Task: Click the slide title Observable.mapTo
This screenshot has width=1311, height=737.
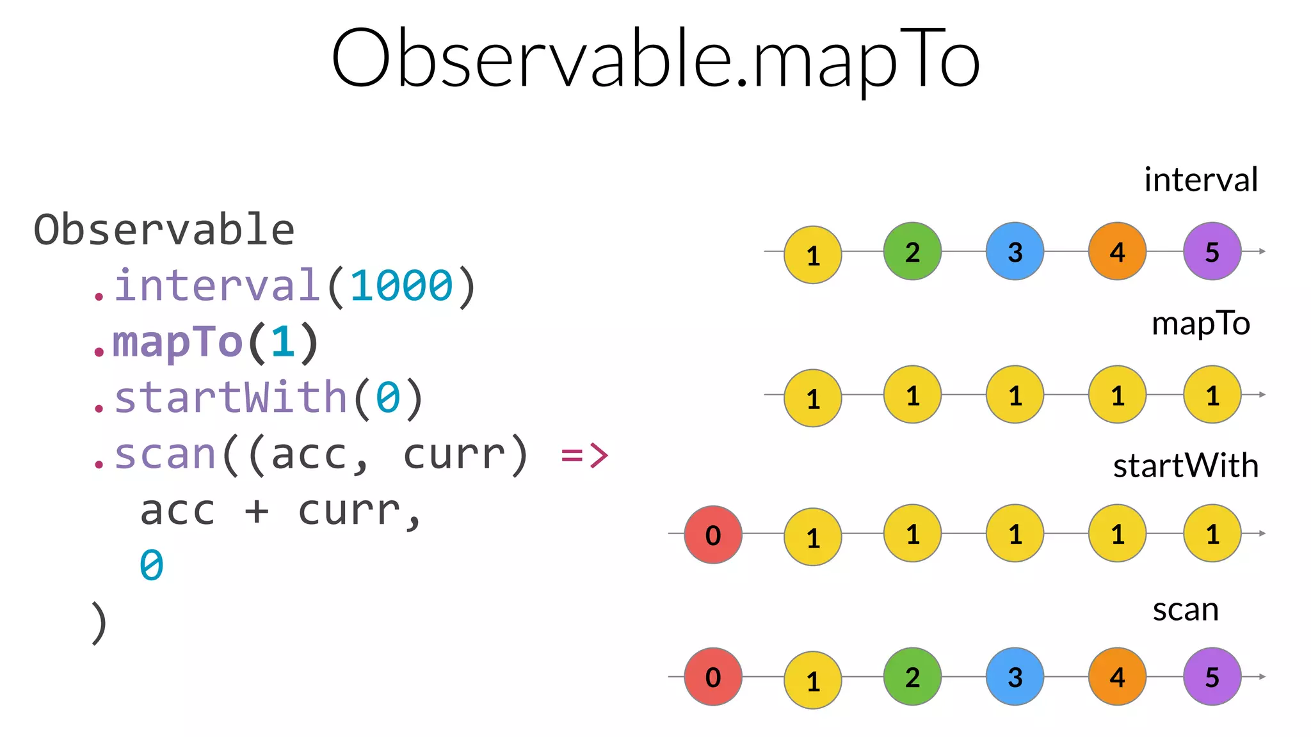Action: [x=655, y=59]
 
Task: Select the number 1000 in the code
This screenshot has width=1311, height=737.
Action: [x=401, y=285]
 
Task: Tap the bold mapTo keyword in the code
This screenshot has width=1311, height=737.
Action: [x=177, y=342]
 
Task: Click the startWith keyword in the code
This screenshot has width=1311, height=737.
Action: [x=230, y=397]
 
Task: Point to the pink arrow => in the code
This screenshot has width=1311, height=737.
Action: [x=584, y=455]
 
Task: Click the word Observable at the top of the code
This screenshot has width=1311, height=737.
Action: [x=164, y=230]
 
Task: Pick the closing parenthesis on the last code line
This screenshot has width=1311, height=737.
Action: [x=99, y=622]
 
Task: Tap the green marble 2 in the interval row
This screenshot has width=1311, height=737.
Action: [x=912, y=251]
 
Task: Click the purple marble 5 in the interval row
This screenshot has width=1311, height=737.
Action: [x=1212, y=251]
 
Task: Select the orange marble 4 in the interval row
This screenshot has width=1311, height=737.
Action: [x=1117, y=251]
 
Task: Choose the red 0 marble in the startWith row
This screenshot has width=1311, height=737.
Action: [x=713, y=535]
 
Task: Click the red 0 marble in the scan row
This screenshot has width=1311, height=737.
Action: [x=713, y=677]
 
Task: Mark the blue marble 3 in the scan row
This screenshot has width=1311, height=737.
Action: [x=1015, y=677]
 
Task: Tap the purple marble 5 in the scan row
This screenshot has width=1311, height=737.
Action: [x=1212, y=677]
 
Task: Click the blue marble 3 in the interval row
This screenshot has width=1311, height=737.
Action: [x=1015, y=251]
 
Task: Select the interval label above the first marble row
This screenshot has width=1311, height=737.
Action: [x=1200, y=180]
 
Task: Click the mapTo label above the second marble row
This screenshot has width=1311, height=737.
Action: [x=1200, y=324]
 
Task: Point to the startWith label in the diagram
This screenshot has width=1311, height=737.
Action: [x=1186, y=466]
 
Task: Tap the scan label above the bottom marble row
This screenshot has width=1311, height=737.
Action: [x=1186, y=610]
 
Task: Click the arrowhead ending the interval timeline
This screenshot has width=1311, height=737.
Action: [x=1262, y=251]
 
